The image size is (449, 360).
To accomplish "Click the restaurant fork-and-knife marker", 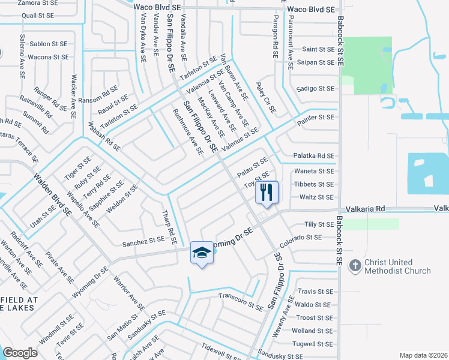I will [267, 193].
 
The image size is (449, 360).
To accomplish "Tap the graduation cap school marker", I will [202, 253].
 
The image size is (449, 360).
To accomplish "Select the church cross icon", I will [355, 266].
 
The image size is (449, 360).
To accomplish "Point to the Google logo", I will [20, 353].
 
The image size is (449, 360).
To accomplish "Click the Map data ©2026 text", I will [423, 355].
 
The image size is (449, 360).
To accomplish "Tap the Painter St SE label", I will [316, 118].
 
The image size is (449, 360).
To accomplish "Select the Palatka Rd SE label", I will [313, 156].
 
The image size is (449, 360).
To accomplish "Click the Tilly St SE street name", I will [319, 224].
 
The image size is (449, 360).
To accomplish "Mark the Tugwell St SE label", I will [312, 344].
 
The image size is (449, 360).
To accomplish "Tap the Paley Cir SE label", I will [265, 98].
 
